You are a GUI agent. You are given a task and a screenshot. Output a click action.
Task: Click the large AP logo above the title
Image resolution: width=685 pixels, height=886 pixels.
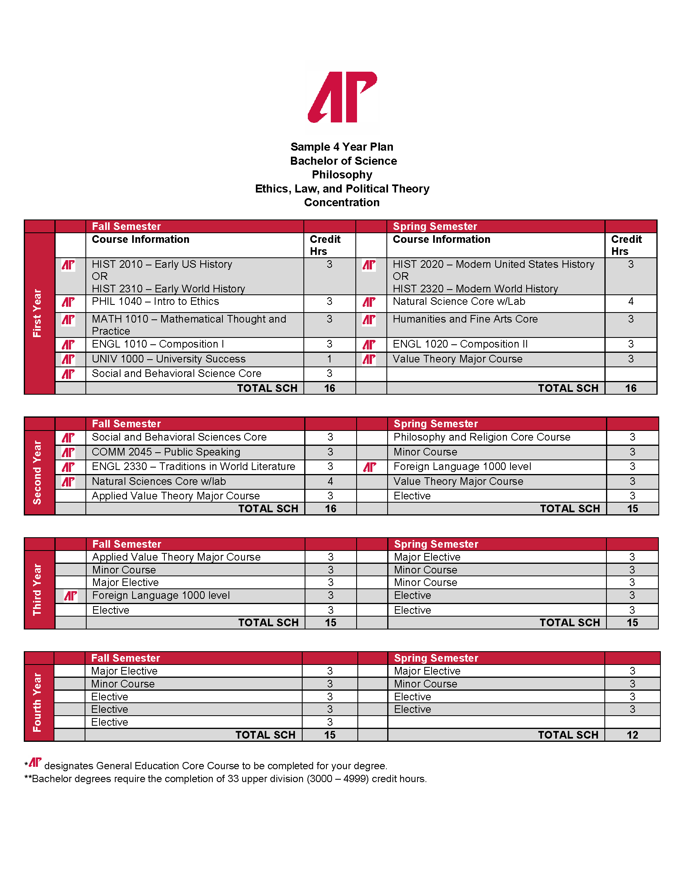(x=342, y=97)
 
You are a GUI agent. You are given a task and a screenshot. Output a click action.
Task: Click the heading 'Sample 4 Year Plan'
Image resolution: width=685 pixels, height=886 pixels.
(x=342, y=147)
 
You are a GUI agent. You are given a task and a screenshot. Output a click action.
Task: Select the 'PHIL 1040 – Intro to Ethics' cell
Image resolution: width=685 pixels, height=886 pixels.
(x=156, y=301)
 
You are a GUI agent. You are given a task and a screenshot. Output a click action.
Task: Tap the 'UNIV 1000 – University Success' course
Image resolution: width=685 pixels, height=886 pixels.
(x=168, y=359)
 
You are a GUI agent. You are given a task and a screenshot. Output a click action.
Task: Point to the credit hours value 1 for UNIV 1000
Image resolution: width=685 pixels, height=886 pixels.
(x=329, y=359)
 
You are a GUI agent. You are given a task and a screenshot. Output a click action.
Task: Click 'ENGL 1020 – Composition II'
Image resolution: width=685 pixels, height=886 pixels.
(x=460, y=344)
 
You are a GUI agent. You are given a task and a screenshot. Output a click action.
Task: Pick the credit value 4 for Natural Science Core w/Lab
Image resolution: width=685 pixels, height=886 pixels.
(x=631, y=301)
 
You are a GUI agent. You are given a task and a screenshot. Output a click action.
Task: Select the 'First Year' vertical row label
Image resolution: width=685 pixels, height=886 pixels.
(x=37, y=313)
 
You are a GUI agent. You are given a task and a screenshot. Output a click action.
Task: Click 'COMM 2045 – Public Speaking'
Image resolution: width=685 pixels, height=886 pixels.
(x=166, y=452)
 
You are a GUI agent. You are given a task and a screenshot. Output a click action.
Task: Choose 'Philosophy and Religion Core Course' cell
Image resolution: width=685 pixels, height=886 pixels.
(x=482, y=437)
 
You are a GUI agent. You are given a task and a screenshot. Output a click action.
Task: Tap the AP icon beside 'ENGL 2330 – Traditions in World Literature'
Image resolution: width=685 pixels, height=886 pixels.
(x=68, y=467)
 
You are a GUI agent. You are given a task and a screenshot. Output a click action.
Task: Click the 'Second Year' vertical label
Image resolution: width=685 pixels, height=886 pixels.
(x=37, y=472)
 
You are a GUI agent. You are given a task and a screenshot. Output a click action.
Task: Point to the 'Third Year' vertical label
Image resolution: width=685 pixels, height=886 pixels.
(x=37, y=589)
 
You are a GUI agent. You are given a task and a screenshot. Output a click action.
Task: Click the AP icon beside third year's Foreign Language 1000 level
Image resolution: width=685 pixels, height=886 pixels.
(x=71, y=596)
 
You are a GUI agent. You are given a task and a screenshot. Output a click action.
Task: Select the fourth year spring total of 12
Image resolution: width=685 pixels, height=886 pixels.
(x=632, y=735)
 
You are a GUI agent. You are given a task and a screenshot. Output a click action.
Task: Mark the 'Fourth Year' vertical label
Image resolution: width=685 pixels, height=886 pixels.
(x=37, y=702)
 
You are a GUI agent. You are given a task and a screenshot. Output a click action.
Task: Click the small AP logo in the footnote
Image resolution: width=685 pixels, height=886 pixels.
(x=35, y=762)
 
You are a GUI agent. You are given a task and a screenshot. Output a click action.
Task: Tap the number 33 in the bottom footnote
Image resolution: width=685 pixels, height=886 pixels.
(x=233, y=779)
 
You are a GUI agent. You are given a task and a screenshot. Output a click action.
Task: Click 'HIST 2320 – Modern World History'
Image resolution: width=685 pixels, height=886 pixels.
(x=475, y=289)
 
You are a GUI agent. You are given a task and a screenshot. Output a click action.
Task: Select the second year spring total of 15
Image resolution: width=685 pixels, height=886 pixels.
(x=632, y=509)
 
